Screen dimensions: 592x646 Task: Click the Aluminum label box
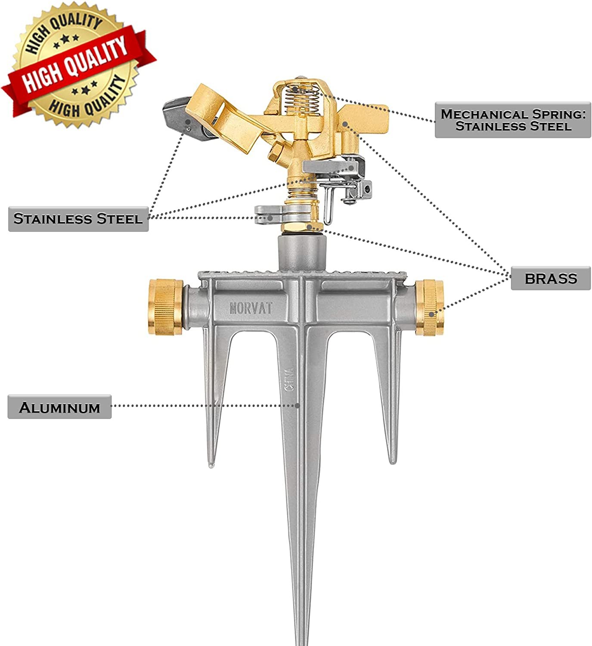(x=59, y=407)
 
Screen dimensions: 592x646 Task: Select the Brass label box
(x=550, y=278)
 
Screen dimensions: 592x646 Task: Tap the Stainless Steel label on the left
(x=78, y=219)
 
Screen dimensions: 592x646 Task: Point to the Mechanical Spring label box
(x=513, y=120)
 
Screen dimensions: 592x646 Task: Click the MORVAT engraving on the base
(x=251, y=308)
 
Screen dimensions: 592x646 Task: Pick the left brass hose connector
(x=166, y=307)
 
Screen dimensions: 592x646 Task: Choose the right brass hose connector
(x=429, y=307)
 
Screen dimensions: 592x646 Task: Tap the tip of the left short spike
(x=211, y=466)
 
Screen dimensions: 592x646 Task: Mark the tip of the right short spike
(x=392, y=463)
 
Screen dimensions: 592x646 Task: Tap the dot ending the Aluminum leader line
(x=297, y=406)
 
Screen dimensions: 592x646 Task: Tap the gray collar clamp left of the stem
(x=269, y=215)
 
